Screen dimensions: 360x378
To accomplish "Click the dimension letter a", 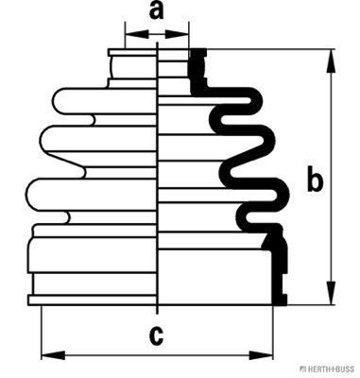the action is point(156,11).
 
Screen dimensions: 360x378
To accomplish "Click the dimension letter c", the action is point(156,336).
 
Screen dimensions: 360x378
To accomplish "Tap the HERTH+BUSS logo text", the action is point(327,369).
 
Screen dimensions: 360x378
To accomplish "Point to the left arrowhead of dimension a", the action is point(137,34).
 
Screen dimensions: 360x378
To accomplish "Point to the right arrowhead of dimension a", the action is point(177,34).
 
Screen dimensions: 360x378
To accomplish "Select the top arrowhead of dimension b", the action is point(331,61).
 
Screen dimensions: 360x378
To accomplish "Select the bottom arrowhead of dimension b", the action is point(331,293).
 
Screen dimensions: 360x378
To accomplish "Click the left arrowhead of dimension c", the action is point(53,355).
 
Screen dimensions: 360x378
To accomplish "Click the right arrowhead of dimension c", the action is point(261,355).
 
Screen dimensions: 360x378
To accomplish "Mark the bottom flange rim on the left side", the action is point(93,301).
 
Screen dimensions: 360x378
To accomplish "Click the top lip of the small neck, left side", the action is point(132,52).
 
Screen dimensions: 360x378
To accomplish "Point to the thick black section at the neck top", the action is point(197,71).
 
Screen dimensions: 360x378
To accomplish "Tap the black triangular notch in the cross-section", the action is point(267,242).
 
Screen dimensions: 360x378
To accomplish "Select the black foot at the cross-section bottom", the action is point(280,300).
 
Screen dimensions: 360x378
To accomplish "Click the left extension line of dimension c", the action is point(42,333).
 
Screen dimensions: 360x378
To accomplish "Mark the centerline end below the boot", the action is point(157,314).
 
